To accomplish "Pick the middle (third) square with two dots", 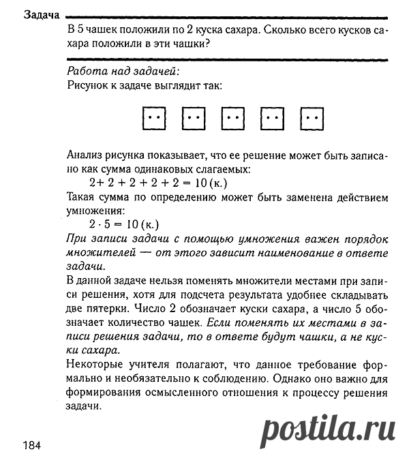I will tap(234, 119).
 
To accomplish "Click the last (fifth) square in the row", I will tap(313, 119).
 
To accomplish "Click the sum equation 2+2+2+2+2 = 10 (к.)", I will tap(158, 183).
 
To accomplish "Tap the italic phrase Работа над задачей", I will tap(123, 71).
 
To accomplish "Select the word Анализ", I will tap(87, 155).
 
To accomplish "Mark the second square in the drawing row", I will tap(194, 119).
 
